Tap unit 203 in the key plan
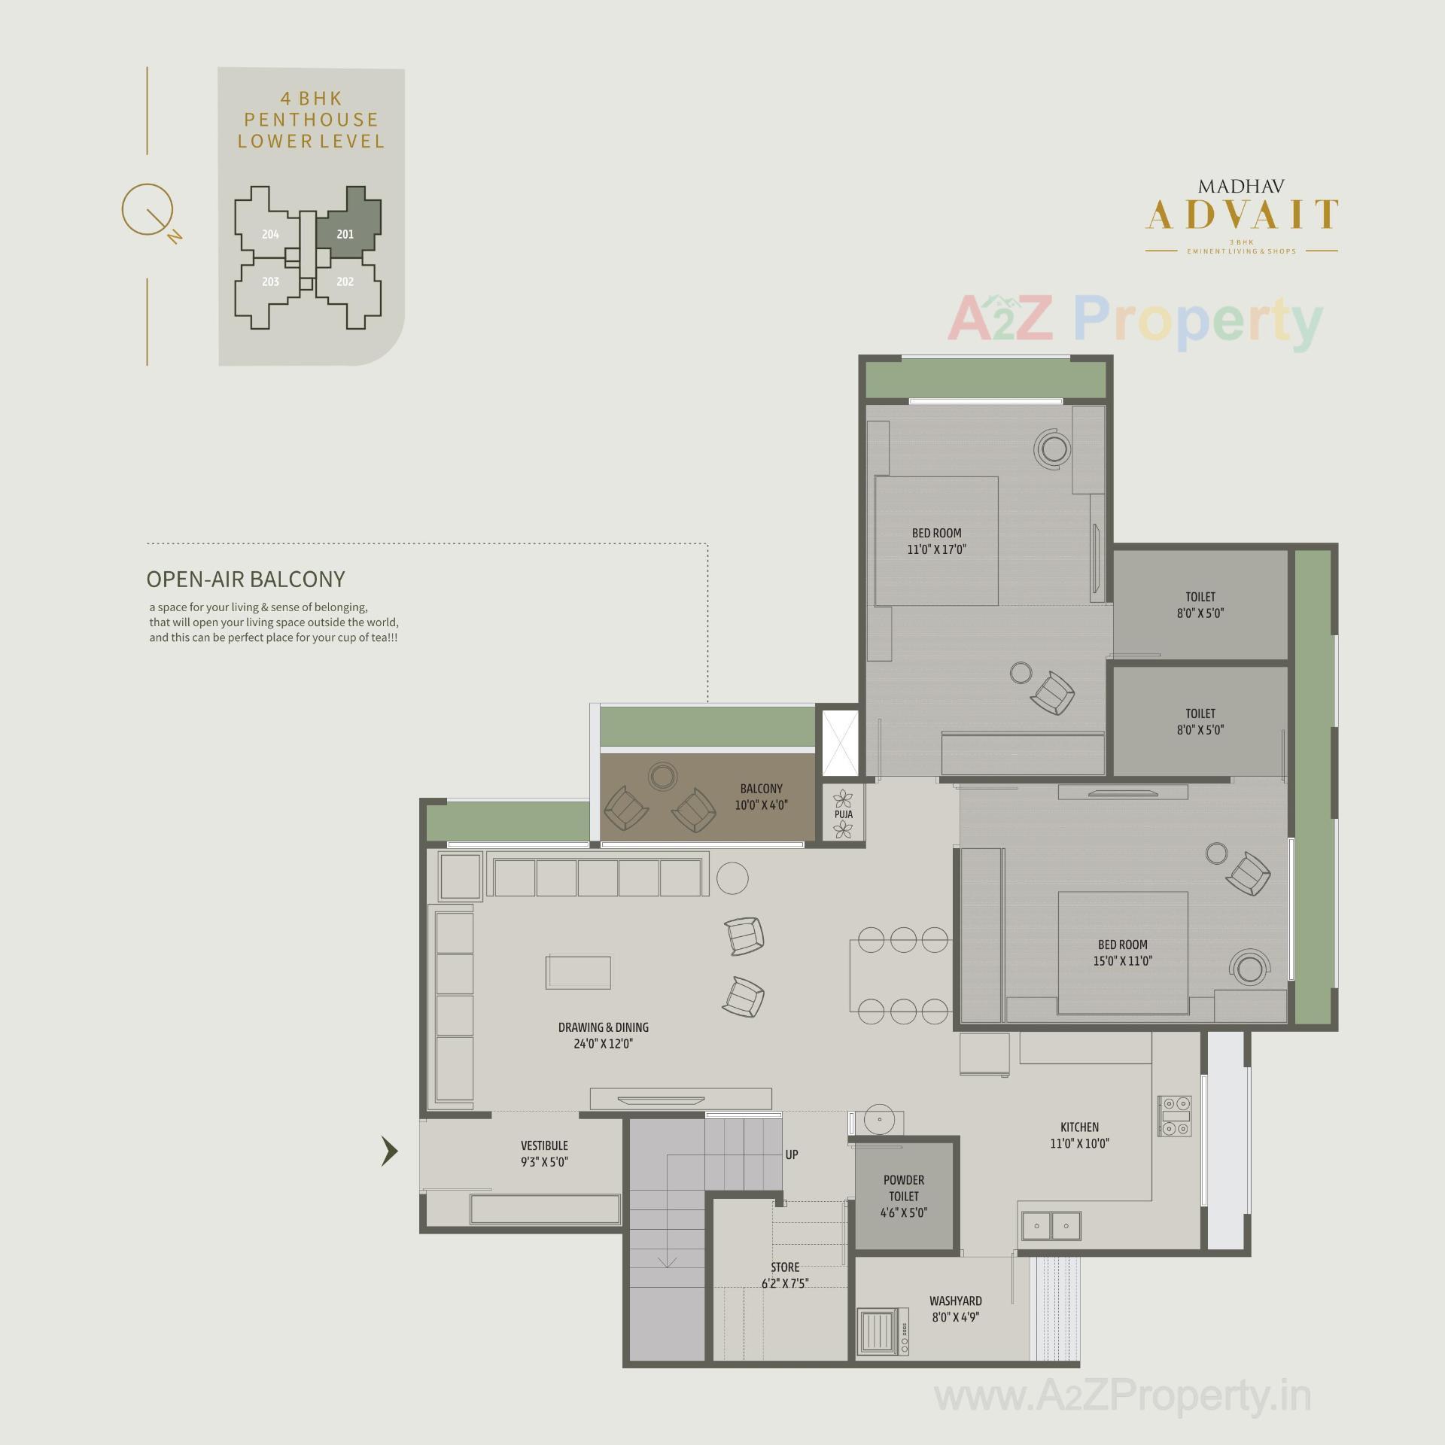point(270,282)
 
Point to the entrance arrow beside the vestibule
point(389,1151)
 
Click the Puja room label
point(843,814)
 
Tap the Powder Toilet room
point(904,1196)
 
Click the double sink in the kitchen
point(1051,1226)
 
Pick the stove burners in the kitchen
point(1175,1115)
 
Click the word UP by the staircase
point(792,1154)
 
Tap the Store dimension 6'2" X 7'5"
point(784,1283)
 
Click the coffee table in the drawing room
point(578,972)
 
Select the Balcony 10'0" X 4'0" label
point(761,796)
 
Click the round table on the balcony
point(663,776)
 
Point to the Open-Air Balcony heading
point(245,579)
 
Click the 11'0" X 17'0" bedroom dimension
point(936,549)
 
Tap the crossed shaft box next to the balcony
point(840,742)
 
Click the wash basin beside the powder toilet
point(878,1120)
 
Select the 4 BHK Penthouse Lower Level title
point(311,120)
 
